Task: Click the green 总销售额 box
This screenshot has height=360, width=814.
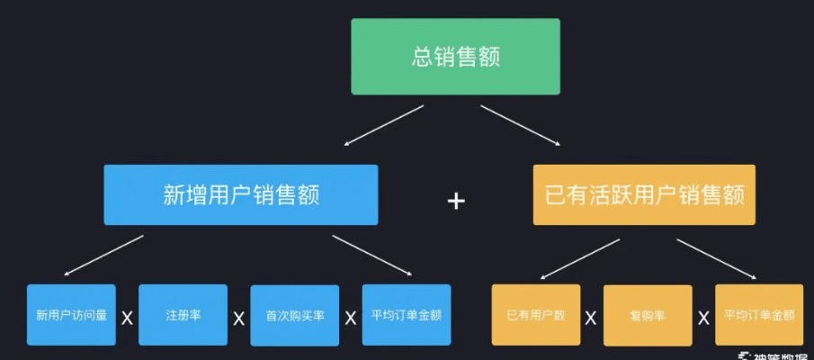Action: pyautogui.click(x=455, y=57)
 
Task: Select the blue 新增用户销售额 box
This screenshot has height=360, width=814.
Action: pyautogui.click(x=240, y=194)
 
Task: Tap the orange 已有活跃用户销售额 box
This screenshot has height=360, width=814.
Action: pyautogui.click(x=644, y=194)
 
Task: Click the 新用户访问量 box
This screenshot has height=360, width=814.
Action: pyautogui.click(x=71, y=316)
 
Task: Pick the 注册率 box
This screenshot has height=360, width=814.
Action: pyautogui.click(x=183, y=316)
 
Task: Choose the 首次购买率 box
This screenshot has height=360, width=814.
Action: pyautogui.click(x=294, y=316)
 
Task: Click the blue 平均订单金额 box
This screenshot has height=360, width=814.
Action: pyautogui.click(x=406, y=315)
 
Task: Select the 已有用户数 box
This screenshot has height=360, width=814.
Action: pyautogui.click(x=536, y=316)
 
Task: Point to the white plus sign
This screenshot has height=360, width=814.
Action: pyautogui.click(x=456, y=200)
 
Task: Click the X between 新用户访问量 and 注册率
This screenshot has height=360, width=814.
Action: pyautogui.click(x=127, y=318)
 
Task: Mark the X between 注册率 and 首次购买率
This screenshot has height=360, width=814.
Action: pyautogui.click(x=238, y=318)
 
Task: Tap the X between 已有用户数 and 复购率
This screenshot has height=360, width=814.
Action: pyautogui.click(x=592, y=318)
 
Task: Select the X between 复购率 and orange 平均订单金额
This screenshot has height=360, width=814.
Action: pyautogui.click(x=703, y=318)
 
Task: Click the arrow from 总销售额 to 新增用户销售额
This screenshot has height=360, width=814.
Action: pyautogui.click(x=383, y=125)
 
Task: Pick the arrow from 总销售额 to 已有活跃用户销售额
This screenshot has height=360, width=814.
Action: pyautogui.click(x=523, y=125)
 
